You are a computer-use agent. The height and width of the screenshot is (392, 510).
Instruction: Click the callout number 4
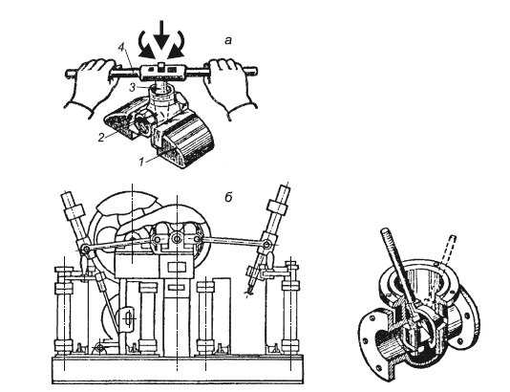[x=121, y=48]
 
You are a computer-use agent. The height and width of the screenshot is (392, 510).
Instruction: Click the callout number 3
[x=133, y=88]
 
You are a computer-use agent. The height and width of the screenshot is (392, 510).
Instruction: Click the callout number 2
[x=101, y=137]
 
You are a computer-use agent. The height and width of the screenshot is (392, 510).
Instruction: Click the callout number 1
[x=140, y=162]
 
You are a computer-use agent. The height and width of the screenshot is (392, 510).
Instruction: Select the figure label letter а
[x=228, y=40]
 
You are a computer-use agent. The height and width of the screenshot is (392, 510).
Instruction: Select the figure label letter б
[x=228, y=196]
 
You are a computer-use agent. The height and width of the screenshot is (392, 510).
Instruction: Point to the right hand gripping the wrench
[x=229, y=86]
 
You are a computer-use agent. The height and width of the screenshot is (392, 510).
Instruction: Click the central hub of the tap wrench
[x=161, y=72]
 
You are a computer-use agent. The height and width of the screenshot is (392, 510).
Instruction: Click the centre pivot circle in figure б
[x=177, y=239]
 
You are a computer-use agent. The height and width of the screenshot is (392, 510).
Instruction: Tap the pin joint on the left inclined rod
[x=86, y=250]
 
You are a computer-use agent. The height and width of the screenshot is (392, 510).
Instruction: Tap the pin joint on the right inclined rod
[x=267, y=244]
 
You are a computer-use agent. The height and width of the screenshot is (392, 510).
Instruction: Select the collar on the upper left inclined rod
[x=74, y=212]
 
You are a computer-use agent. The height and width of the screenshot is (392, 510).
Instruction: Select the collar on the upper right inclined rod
[x=277, y=207]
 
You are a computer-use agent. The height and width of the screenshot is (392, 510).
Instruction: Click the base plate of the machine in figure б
[x=178, y=370]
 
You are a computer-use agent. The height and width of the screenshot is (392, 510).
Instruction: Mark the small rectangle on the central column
[x=178, y=268]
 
